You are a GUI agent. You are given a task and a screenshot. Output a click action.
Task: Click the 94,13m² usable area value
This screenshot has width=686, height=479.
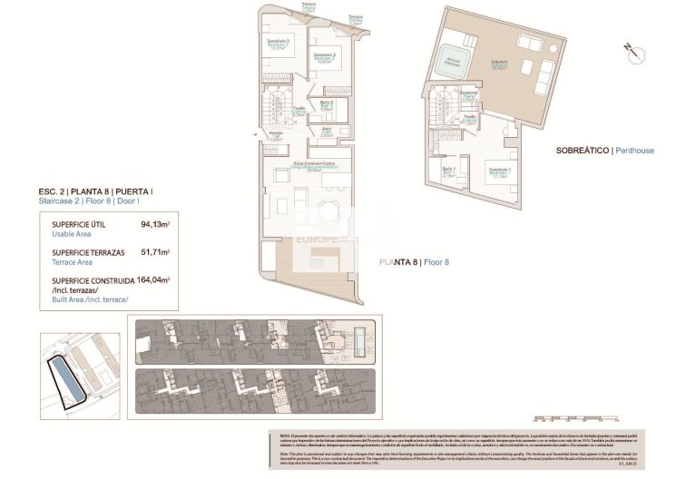155,222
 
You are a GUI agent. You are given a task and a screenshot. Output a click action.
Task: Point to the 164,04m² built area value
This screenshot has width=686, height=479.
153,280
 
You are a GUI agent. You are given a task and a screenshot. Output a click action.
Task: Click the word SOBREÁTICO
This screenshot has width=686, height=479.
580,150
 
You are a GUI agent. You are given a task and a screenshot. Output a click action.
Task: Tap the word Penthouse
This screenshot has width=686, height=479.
634,150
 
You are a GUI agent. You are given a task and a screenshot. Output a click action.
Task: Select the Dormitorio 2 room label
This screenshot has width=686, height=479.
325,56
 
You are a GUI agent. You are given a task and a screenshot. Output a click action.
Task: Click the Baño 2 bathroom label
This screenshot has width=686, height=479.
327,104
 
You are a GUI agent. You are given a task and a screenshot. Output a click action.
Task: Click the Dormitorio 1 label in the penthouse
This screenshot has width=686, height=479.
499,171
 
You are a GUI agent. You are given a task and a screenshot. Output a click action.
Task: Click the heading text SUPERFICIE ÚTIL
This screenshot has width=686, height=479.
82,222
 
